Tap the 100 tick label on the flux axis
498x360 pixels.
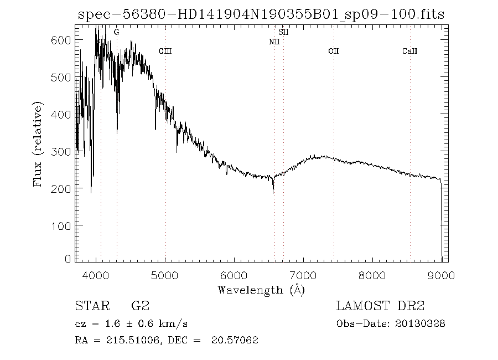(x=63, y=225)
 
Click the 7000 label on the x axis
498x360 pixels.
(x=303, y=275)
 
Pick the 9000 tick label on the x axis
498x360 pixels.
(x=440, y=275)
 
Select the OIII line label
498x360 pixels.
(x=165, y=51)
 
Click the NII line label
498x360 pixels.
(x=274, y=42)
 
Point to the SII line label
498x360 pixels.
(x=284, y=33)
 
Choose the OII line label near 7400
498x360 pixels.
(x=333, y=51)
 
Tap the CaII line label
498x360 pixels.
(x=409, y=51)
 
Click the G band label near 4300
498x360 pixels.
(x=116, y=33)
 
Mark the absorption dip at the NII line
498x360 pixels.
(x=273, y=191)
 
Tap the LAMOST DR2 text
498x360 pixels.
(x=380, y=306)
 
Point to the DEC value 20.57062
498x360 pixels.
(x=235, y=340)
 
